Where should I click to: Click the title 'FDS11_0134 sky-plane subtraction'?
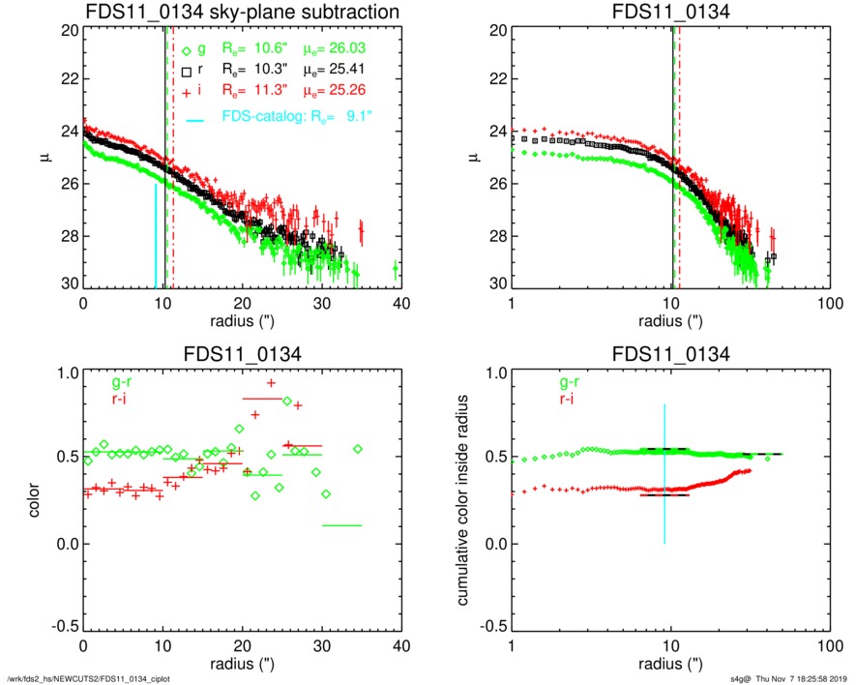point(242,12)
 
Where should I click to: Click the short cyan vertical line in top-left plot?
point(156,237)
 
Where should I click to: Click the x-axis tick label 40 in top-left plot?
point(401,302)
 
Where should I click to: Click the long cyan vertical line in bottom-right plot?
point(664,474)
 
